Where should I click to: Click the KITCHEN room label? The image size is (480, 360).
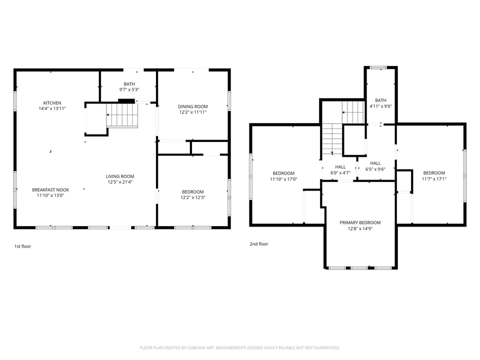[52, 103]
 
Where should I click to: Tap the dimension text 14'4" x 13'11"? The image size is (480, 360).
[52, 108]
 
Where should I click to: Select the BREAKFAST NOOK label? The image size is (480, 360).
[50, 189]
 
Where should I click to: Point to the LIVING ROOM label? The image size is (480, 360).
[120, 176]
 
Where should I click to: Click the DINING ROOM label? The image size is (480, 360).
[192, 106]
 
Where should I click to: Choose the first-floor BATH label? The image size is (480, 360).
[129, 84]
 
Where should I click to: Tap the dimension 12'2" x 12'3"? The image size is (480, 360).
[192, 197]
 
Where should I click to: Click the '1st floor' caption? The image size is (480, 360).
[22, 246]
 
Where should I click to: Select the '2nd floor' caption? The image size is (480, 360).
[259, 244]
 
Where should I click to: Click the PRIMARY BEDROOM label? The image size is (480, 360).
[360, 222]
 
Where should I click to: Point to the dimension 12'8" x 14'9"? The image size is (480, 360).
[360, 228]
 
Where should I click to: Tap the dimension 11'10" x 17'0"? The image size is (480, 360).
[283, 179]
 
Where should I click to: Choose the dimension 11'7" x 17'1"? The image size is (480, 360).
[433, 179]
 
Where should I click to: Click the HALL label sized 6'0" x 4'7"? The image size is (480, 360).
[340, 167]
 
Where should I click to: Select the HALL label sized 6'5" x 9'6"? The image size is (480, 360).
[375, 163]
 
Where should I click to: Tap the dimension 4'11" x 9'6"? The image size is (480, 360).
[380, 106]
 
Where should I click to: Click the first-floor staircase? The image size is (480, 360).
[122, 115]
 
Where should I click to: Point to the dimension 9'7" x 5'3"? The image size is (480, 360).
[129, 89]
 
